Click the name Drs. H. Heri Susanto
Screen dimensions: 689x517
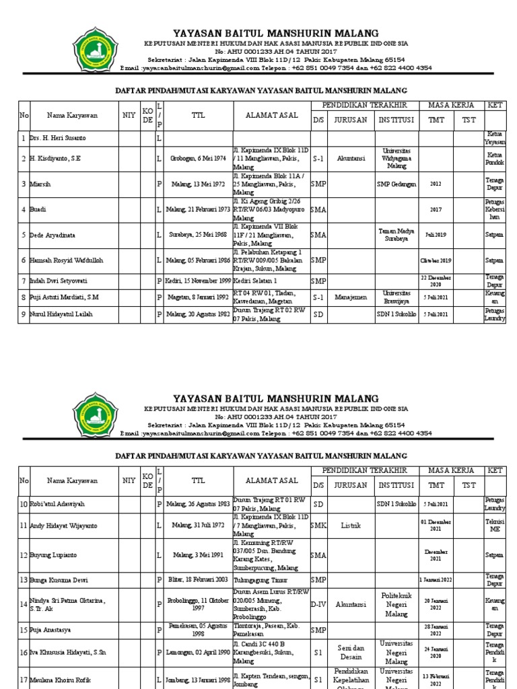pyautogui.click(x=58, y=138)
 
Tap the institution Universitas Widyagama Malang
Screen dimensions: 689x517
pyautogui.click(x=397, y=159)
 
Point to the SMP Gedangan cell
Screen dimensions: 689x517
pyautogui.click(x=397, y=184)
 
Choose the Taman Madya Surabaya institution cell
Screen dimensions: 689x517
pyautogui.click(x=397, y=234)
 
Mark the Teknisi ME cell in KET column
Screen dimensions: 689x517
pyautogui.click(x=495, y=525)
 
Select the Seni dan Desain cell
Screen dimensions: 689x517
pyautogui.click(x=351, y=652)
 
